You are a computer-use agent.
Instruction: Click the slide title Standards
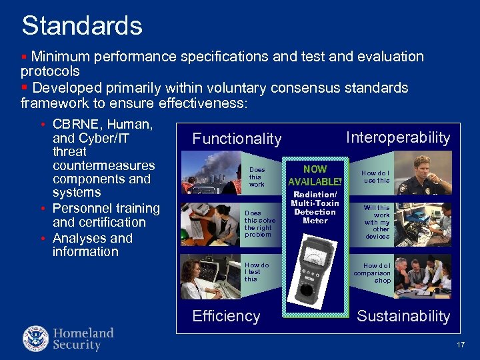tap(82, 26)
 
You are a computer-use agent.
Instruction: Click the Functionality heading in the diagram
tap(237, 139)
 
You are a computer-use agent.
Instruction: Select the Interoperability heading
tap(398, 137)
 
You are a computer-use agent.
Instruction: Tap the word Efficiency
tap(226, 316)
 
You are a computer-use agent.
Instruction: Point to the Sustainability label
tap(403, 316)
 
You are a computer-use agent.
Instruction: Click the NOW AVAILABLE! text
tap(315, 175)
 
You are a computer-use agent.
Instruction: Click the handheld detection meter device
tap(315, 269)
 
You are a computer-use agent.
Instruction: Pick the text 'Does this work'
tap(257, 177)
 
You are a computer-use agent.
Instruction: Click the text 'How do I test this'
tap(257, 271)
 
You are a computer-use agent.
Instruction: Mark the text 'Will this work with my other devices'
tap(377, 222)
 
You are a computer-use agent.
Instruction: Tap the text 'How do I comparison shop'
tap(372, 273)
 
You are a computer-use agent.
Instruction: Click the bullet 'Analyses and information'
tap(93, 245)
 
